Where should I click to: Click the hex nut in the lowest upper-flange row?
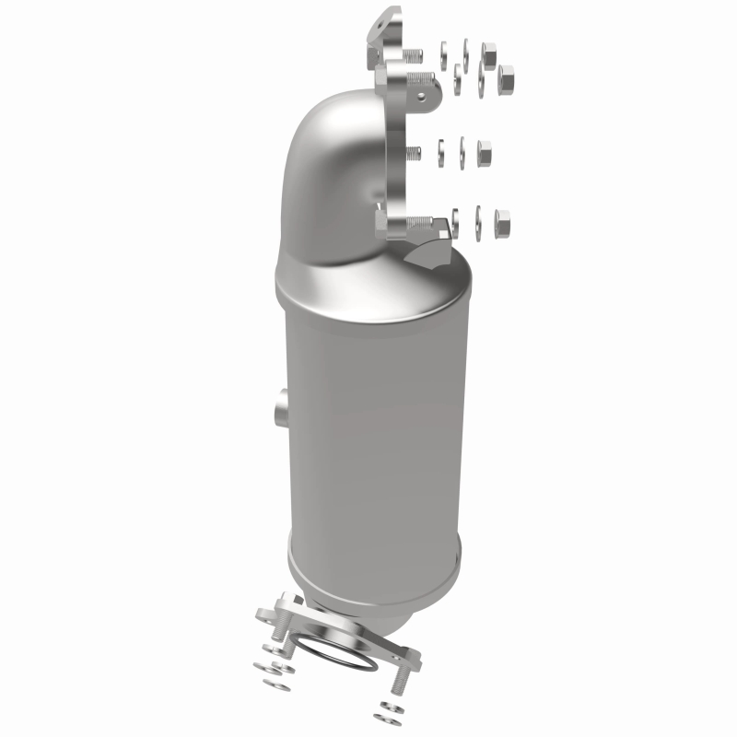(x=502, y=220)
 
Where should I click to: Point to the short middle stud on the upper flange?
(x=415, y=152)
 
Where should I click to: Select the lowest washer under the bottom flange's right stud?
(x=383, y=716)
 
